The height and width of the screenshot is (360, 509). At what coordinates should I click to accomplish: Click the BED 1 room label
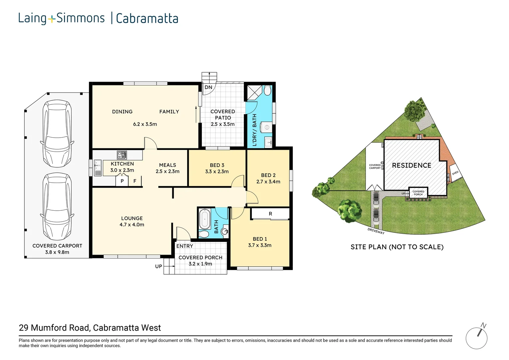(x=260, y=239)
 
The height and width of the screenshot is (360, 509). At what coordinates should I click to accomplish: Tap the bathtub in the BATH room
(x=205, y=219)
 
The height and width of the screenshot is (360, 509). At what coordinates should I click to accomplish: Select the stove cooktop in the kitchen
(x=122, y=155)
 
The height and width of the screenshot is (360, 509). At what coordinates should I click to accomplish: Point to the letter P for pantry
(x=122, y=181)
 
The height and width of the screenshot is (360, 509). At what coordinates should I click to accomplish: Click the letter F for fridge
(x=135, y=181)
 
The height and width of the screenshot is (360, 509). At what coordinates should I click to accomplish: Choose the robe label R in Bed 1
(x=270, y=214)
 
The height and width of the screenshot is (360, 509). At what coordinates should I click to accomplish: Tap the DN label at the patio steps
(x=209, y=87)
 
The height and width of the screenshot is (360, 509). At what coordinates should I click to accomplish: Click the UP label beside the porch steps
(x=158, y=266)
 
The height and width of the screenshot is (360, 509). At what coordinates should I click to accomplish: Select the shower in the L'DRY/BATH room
(x=254, y=92)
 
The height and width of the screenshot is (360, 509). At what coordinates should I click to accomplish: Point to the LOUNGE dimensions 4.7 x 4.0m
(x=132, y=225)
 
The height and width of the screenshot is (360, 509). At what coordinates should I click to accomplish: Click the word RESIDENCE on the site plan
(x=411, y=165)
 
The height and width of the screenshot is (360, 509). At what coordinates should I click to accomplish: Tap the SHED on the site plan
(x=455, y=173)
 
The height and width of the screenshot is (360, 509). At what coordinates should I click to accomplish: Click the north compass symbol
(x=476, y=337)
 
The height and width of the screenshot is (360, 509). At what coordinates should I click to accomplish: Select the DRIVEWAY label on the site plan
(x=376, y=231)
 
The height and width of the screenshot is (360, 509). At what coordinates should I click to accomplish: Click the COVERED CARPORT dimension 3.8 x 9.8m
(x=57, y=252)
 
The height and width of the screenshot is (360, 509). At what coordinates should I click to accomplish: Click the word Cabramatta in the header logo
(x=147, y=18)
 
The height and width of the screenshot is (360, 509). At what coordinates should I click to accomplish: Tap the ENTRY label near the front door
(x=185, y=246)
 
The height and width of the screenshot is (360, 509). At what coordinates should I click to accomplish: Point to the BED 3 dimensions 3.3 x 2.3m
(x=217, y=171)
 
